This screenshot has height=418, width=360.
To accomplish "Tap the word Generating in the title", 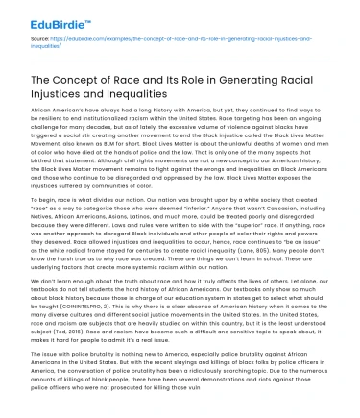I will [x=238, y=78].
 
